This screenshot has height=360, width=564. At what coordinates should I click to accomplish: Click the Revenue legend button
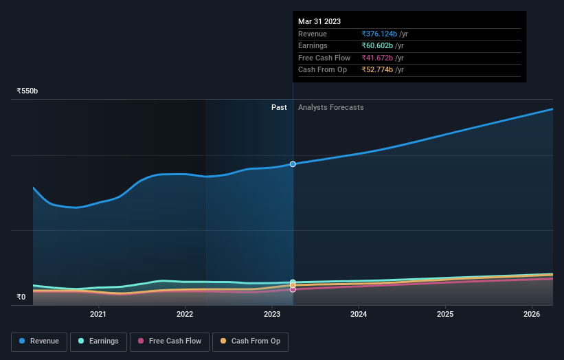pos(39,341)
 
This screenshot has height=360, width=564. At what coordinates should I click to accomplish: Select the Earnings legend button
pos(98,341)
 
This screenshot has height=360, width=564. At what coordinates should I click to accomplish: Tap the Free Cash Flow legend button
pos(169,341)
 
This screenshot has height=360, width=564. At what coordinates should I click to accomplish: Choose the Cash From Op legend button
pos(250,341)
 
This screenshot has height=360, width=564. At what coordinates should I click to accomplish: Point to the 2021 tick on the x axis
pos(98,315)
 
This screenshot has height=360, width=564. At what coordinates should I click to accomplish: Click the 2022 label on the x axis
pos(185,315)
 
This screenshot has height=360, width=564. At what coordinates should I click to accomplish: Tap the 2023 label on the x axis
pos(272,315)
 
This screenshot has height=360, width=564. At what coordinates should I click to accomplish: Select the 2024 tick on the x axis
pos(359,315)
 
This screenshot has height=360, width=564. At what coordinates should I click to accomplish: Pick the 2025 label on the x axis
pos(445,315)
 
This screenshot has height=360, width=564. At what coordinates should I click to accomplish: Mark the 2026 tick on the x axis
pos(532,315)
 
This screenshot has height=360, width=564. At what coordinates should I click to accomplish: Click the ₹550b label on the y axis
pos(27,91)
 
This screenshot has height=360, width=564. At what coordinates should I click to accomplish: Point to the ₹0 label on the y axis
pos(21,297)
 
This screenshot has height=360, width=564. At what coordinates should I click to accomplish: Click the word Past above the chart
pos(279,107)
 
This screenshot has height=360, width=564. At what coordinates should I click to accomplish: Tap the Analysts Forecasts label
pos(331,107)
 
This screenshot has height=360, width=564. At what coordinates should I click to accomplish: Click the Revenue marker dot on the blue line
pos(293,164)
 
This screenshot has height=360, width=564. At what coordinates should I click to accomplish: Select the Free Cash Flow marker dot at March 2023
pos(293,289)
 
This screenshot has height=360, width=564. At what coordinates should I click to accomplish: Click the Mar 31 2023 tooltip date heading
pos(319,22)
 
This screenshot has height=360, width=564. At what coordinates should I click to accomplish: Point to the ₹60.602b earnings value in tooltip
pos(377,46)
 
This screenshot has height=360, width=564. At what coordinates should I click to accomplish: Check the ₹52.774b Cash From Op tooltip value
pos(377,70)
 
